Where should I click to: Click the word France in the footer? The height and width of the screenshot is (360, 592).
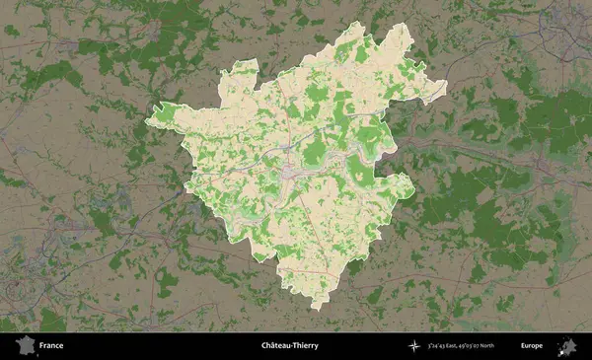[x=51, y=346]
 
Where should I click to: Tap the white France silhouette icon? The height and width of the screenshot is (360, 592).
[x=22, y=345]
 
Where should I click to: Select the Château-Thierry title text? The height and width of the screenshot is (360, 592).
[x=289, y=346]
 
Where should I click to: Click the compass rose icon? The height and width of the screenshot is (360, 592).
[x=412, y=346]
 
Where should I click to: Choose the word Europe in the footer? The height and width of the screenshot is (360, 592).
[x=532, y=346]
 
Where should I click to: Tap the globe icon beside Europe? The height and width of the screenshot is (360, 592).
[x=567, y=345]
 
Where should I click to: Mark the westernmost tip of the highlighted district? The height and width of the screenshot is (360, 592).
[x=147, y=121]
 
